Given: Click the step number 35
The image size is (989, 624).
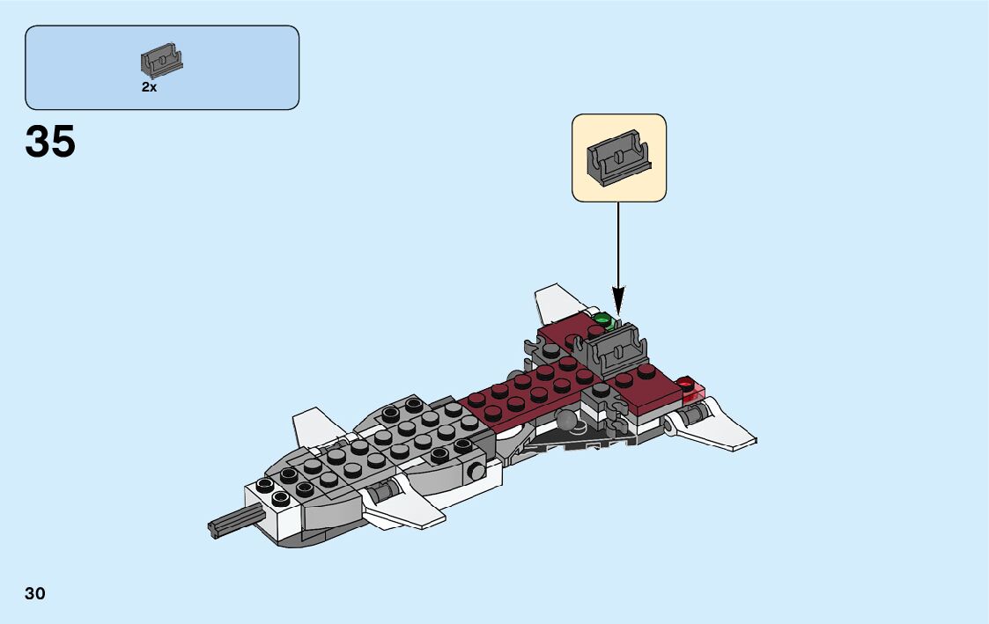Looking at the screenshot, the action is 51,142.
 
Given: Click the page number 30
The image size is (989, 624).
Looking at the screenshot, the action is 35,593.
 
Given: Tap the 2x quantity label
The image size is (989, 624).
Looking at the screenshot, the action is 149,87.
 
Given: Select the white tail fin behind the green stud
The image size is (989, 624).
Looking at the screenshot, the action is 555,302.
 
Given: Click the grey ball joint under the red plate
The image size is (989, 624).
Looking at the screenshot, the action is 571,423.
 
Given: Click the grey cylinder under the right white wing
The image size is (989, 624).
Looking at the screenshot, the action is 693,412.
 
